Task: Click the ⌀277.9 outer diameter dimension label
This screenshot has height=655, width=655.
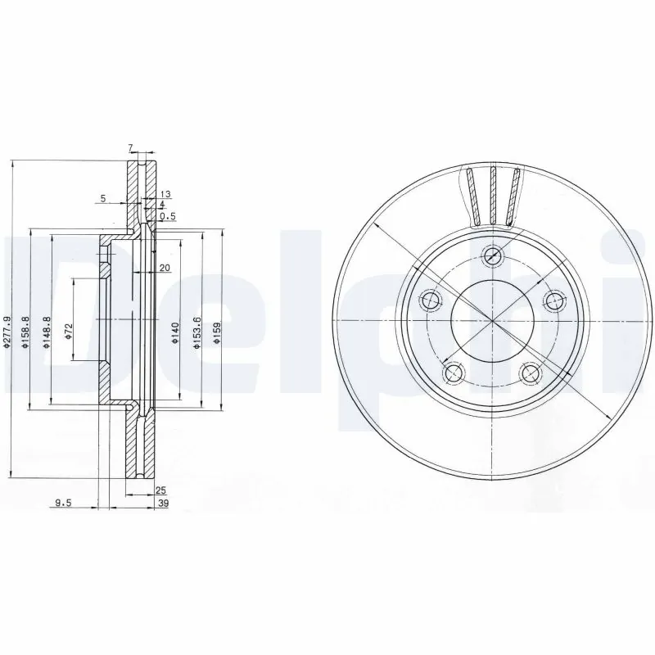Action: [7, 334]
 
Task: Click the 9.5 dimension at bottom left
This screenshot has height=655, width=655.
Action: [62, 504]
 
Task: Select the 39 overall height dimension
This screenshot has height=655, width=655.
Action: [162, 504]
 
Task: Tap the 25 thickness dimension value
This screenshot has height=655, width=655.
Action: [160, 490]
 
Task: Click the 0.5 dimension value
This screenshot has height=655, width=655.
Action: [168, 216]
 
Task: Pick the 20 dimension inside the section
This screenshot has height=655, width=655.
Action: [165, 269]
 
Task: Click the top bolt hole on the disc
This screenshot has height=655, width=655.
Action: [492, 256]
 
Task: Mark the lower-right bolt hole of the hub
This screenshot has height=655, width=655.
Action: [531, 373]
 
